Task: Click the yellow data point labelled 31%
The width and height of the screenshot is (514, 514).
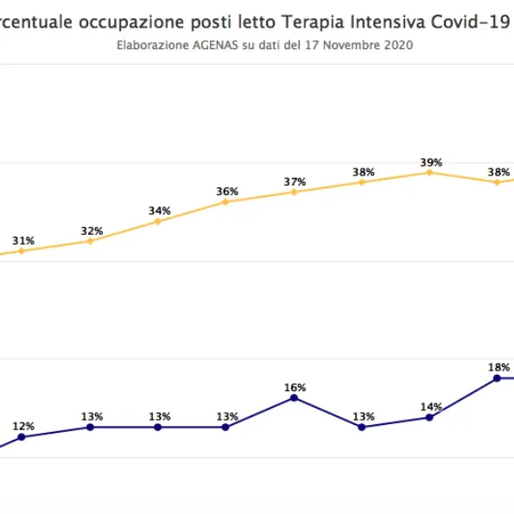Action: (22, 251)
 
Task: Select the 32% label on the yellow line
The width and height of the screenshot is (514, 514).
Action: (92, 231)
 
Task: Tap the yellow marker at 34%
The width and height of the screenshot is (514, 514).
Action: (157, 221)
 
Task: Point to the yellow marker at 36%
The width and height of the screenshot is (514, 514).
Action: (225, 202)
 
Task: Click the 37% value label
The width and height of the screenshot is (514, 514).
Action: (295, 181)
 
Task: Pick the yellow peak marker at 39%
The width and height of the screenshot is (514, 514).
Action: (429, 172)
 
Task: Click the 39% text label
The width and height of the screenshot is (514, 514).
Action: (431, 162)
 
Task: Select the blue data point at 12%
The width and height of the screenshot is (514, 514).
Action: (22, 437)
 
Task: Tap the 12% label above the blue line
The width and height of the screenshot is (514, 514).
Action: (23, 426)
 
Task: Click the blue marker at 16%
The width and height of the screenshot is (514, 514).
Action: (294, 397)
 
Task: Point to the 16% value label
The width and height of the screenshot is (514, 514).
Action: (295, 387)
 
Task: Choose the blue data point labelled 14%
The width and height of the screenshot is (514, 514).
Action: (429, 417)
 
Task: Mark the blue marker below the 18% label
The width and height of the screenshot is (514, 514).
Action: (497, 378)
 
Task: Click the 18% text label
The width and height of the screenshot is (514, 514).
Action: (498, 367)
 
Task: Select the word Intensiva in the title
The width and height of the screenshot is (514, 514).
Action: (378, 22)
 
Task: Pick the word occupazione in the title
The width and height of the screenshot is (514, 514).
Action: (131, 22)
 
